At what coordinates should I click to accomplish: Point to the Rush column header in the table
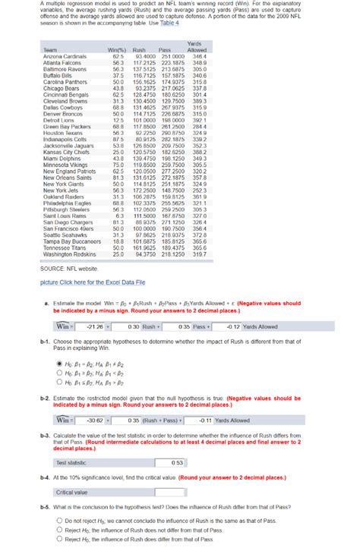click(x=139, y=50)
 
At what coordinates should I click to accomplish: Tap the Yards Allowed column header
click(x=196, y=47)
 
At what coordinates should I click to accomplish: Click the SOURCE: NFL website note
click(x=70, y=269)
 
